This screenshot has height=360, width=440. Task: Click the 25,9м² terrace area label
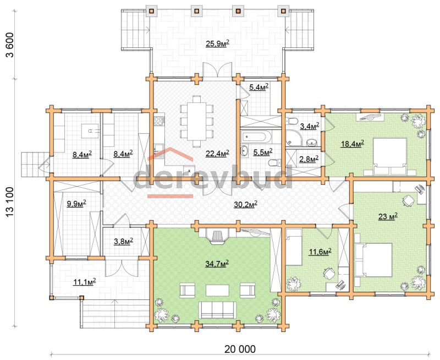217,43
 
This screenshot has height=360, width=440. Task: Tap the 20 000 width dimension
240,349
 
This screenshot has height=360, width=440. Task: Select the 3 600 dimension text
10,45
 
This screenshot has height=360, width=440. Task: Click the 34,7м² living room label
217,264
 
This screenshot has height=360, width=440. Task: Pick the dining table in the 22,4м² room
196,121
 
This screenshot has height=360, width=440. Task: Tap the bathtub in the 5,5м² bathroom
255,137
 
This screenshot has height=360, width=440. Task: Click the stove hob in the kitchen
159,121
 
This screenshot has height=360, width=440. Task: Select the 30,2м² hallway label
245,204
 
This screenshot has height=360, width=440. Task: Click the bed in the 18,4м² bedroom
389,156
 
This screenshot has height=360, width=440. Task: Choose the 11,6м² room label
320,252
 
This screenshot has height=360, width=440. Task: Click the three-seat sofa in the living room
216,310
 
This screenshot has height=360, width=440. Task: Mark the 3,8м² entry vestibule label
123,241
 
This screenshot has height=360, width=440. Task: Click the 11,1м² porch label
85,282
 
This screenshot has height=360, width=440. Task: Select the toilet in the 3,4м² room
291,121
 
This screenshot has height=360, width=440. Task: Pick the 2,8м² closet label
309,159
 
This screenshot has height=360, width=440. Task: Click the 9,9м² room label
76,204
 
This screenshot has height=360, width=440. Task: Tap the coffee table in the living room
217,290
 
